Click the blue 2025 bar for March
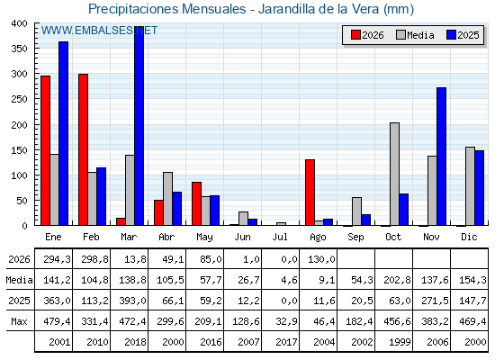pyautogui.click(x=139, y=126)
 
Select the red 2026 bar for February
pyautogui.click(x=83, y=149)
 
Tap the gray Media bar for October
pyautogui.click(x=395, y=174)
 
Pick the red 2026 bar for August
pyautogui.click(x=310, y=193)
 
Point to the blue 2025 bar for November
pyautogui.click(x=441, y=157)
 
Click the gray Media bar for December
pyautogui.click(x=470, y=186)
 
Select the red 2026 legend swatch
pyautogui.click(x=355, y=35)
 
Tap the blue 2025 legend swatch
pyautogui.click(x=451, y=35)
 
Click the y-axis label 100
pyautogui.click(x=19, y=175)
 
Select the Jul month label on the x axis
pyautogui.click(x=280, y=237)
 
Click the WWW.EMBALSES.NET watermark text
pyautogui.click(x=99, y=31)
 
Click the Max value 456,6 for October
pyautogui.click(x=398, y=321)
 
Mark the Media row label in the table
pyautogui.click(x=19, y=280)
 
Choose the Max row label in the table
pyautogui.click(x=19, y=321)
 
